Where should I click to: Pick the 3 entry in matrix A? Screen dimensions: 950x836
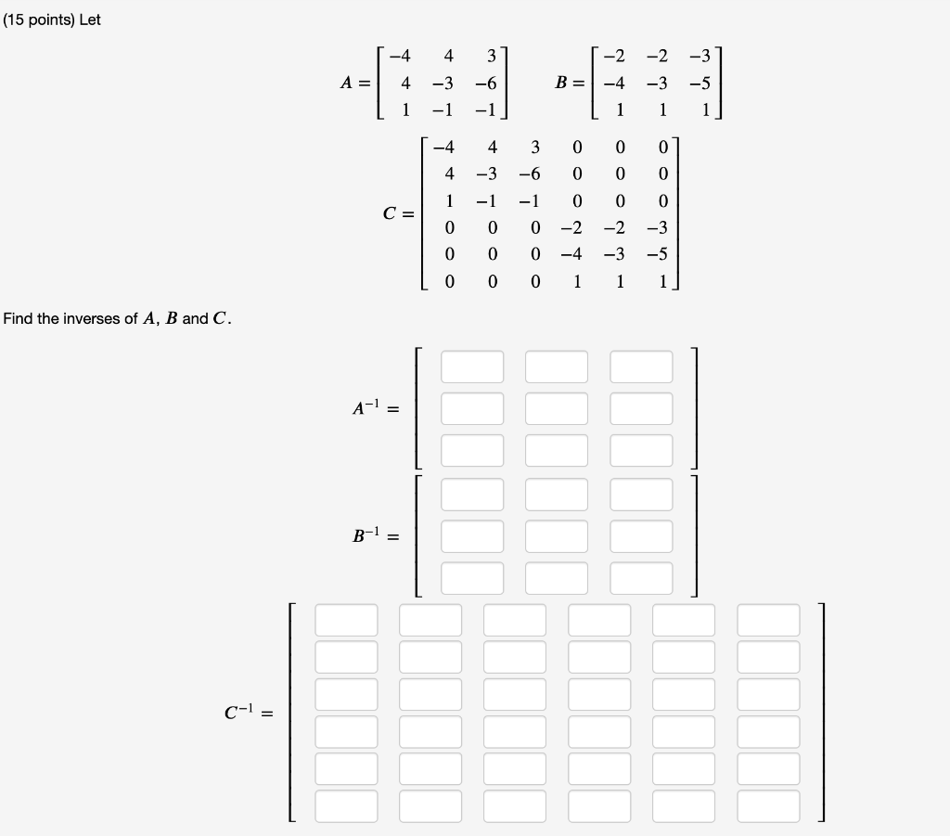coord(492,56)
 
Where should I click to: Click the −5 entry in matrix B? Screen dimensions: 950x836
coord(700,84)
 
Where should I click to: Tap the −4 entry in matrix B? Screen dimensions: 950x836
coord(613,84)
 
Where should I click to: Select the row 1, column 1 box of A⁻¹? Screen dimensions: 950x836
coord(472,367)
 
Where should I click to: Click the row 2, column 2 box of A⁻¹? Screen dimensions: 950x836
coord(557,408)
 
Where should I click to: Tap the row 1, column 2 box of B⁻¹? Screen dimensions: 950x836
coord(557,494)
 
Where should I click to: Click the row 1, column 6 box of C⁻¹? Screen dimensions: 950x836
coord(768,620)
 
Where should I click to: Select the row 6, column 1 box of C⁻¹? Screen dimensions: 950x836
coord(346,805)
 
